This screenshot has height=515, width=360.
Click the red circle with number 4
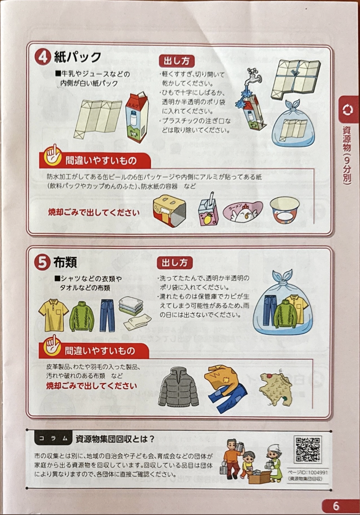pyautogui.click(x=42, y=57)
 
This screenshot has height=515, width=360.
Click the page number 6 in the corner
pyautogui.click(x=336, y=506)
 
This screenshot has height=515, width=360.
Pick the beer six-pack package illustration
pyautogui.click(x=169, y=211)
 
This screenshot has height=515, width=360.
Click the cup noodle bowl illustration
pyautogui.click(x=285, y=210)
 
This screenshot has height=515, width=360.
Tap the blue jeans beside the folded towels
pyautogui.click(x=107, y=315)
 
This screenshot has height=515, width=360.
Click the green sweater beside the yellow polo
pyautogui.click(x=82, y=316)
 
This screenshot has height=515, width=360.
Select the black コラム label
pyautogui.click(x=53, y=439)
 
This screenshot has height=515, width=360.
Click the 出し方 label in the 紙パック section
pyautogui.click(x=177, y=61)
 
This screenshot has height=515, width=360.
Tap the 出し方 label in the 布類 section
pyautogui.click(x=174, y=263)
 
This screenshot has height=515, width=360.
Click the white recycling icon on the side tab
pyautogui.click(x=347, y=110)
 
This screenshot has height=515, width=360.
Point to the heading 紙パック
pyautogui.click(x=77, y=57)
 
